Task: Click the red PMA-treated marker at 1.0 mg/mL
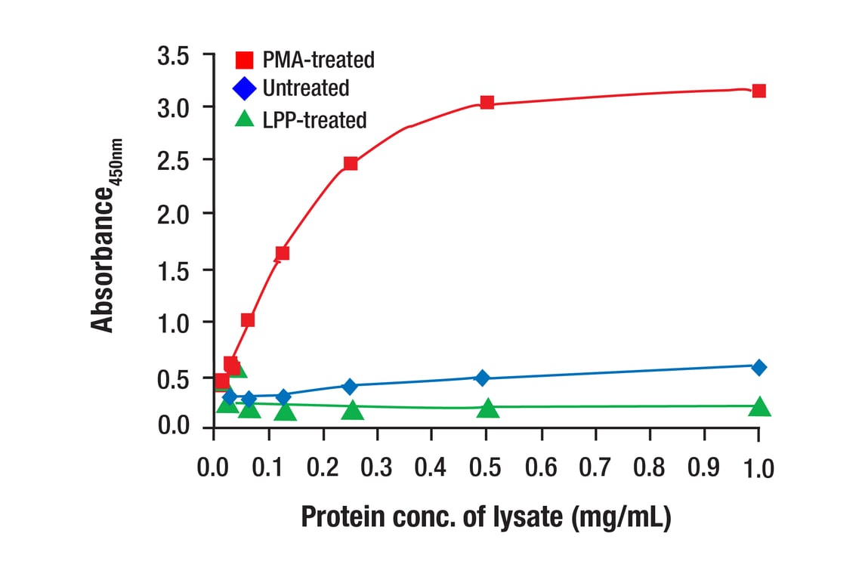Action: click(758, 91)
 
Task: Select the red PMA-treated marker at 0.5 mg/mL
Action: click(487, 103)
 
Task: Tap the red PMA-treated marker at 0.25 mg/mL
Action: click(351, 163)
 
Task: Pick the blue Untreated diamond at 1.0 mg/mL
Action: click(758, 367)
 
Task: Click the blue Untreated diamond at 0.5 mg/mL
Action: click(483, 378)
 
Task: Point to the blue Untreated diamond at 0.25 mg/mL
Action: click(350, 387)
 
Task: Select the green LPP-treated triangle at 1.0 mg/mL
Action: click(759, 406)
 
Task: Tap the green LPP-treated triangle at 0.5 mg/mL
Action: click(488, 408)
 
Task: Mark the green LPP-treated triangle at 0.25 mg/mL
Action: click(352, 410)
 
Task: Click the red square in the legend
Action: click(244, 60)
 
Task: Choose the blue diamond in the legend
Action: click(244, 89)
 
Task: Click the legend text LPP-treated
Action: click(314, 119)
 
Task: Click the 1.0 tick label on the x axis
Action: click(758, 468)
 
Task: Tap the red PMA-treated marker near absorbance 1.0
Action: click(247, 320)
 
